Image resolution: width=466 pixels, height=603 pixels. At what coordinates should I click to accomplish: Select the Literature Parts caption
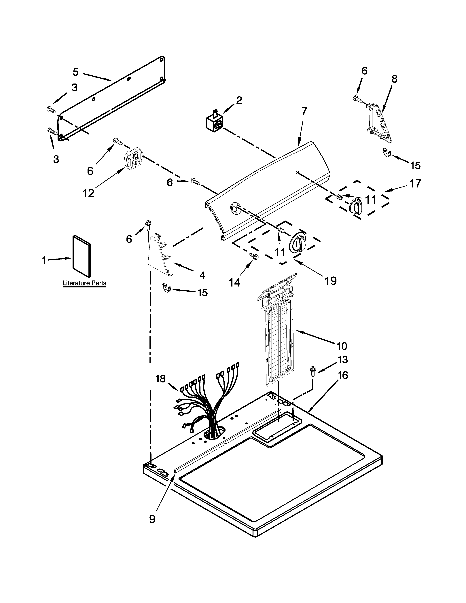point(84,283)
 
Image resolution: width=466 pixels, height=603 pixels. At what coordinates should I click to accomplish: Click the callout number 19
point(330,281)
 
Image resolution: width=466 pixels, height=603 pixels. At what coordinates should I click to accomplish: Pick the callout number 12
point(88,193)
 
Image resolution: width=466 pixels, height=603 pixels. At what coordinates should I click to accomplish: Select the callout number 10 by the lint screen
point(342,346)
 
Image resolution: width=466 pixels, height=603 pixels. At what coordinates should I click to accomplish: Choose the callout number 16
point(342,375)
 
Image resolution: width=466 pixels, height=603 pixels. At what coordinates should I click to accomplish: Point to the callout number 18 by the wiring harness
point(160,379)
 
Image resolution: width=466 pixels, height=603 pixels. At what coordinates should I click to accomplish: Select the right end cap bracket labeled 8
point(380,123)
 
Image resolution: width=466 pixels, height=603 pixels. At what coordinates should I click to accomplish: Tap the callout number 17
point(415,183)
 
